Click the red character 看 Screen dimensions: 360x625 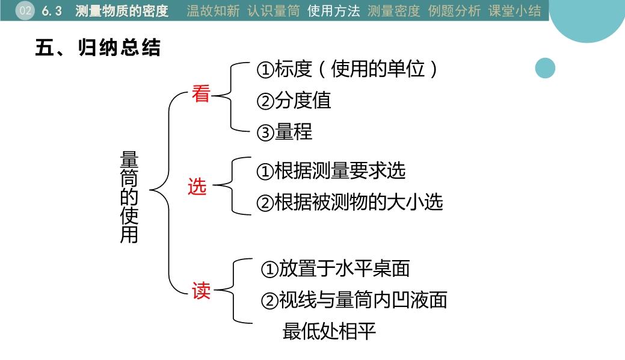[x=200, y=94]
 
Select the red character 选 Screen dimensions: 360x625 [x=197, y=187]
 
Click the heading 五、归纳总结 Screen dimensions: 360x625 [x=98, y=48]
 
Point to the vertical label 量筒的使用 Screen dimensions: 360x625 [x=129, y=197]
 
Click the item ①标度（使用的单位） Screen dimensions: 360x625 [x=348, y=69]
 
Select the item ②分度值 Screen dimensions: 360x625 [x=294, y=101]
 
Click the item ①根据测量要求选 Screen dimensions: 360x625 [x=331, y=171]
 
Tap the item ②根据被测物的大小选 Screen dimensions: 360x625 [x=349, y=202]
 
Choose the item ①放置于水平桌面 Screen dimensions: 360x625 [x=335, y=268]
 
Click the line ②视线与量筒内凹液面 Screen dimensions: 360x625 [x=354, y=300]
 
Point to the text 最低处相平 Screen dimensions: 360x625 [x=330, y=331]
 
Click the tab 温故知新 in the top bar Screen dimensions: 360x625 [x=213, y=11]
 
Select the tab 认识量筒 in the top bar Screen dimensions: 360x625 [x=273, y=11]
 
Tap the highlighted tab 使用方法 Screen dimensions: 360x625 [x=333, y=11]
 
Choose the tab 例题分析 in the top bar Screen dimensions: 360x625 [x=454, y=11]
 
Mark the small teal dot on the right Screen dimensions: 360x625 [x=545, y=68]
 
